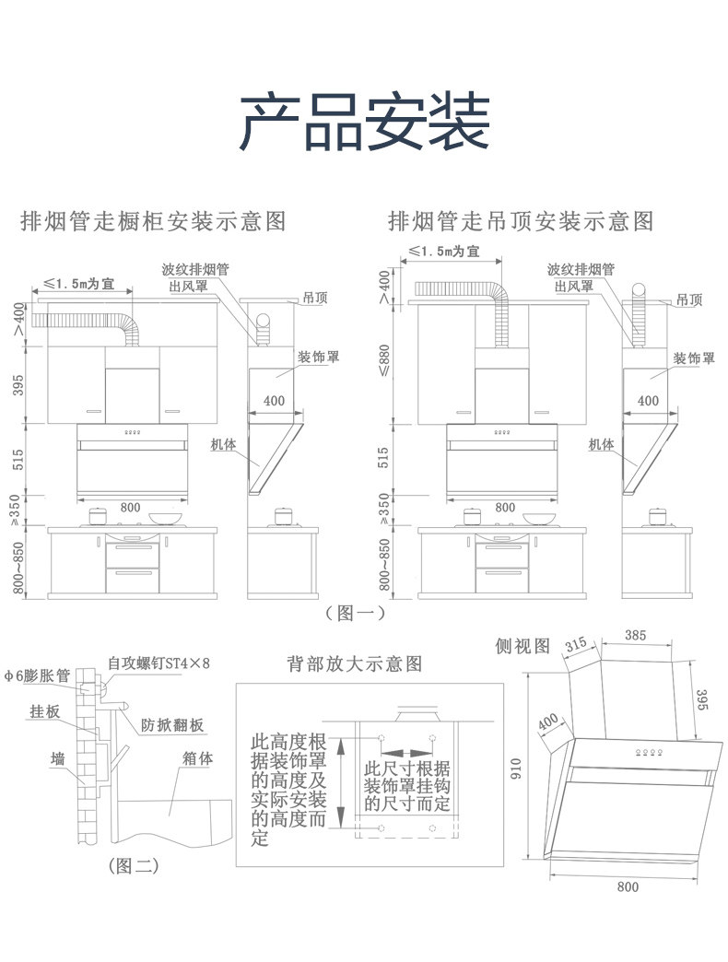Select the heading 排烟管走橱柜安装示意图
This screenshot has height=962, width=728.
(x=154, y=222)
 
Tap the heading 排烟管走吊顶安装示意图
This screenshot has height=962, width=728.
(x=521, y=222)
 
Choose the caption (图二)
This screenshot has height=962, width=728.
(x=134, y=865)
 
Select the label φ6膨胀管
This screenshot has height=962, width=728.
(x=37, y=675)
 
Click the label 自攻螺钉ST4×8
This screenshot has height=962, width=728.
(x=159, y=663)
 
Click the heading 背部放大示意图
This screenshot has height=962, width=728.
(x=354, y=663)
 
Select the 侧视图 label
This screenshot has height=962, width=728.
(x=522, y=645)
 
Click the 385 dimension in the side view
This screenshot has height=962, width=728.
(x=635, y=635)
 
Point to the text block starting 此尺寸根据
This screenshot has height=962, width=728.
(x=407, y=785)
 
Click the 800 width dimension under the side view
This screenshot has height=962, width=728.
(x=626, y=887)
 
